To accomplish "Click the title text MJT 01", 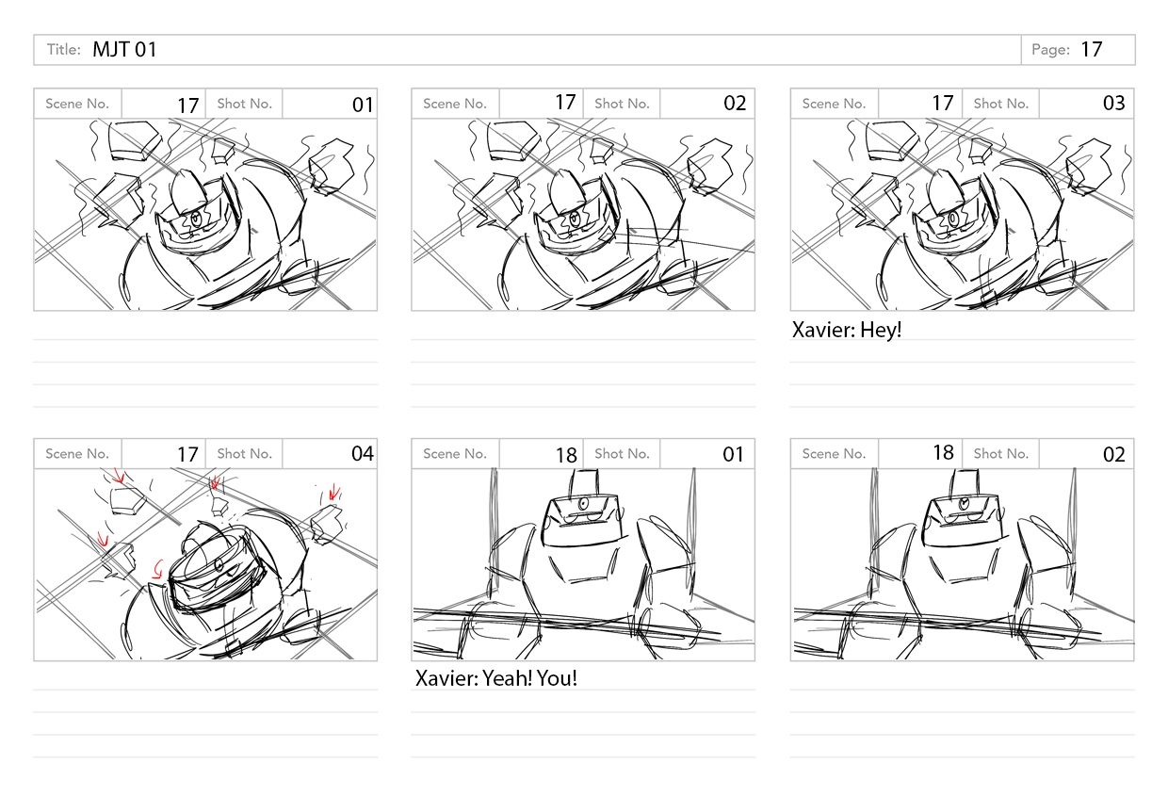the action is click(124, 50).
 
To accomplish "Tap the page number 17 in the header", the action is click(1092, 50).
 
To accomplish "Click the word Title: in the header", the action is click(64, 50).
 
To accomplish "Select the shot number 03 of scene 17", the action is click(1113, 103).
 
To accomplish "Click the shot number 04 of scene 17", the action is click(363, 453).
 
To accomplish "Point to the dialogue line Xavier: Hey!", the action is click(846, 330).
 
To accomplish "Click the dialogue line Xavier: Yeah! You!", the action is click(495, 678).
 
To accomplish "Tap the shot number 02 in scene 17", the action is click(735, 103).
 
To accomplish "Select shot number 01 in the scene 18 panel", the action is click(733, 454).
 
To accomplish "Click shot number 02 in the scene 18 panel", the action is click(1113, 454).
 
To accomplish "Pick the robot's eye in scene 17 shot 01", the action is click(196, 219).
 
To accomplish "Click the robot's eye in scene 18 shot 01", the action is click(583, 503).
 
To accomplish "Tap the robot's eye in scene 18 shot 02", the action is click(964, 503).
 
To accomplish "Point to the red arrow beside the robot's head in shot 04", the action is click(157, 570).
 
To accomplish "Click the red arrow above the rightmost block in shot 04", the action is click(334, 492).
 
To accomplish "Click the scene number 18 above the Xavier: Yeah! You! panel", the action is click(566, 455).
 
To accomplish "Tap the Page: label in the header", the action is click(1050, 50).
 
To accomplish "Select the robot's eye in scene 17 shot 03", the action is click(953, 218).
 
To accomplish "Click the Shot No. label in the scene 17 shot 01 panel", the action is click(245, 104).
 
